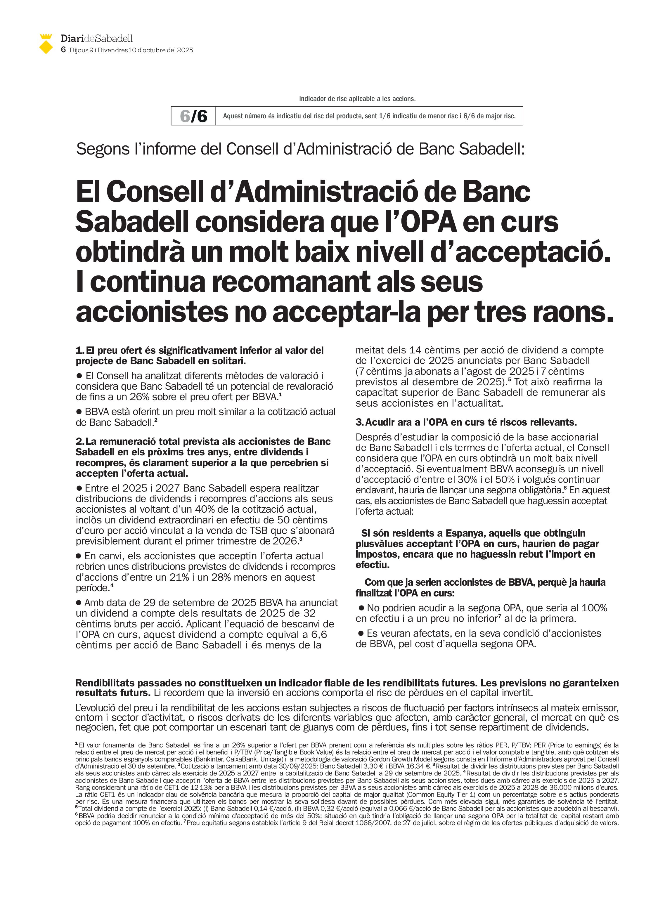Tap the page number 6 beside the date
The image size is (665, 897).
coord(63,50)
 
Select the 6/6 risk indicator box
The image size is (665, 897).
coord(194,116)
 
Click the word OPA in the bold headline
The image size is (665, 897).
coord(429,222)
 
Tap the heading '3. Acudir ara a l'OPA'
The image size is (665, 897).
coord(466,422)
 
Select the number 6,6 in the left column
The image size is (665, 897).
coord(318,635)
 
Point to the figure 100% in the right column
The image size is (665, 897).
coord(595,608)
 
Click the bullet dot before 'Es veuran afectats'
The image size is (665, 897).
coord(361,634)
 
